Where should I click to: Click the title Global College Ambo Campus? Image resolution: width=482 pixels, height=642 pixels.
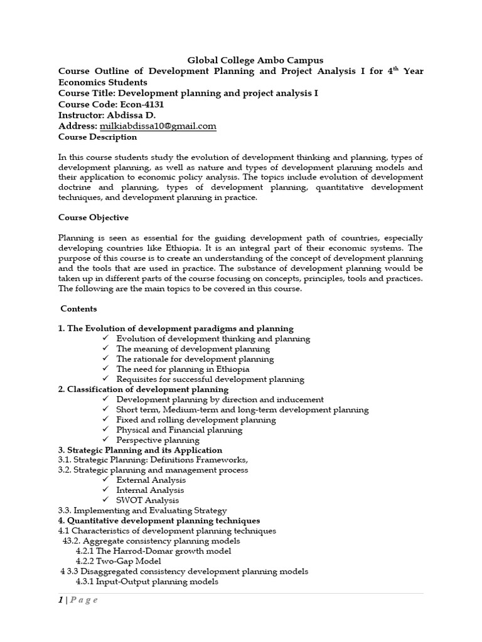[x=255, y=60]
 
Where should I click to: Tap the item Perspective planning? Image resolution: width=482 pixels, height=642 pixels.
[x=158, y=440]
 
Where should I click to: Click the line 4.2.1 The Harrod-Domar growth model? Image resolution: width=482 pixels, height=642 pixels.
[x=153, y=551]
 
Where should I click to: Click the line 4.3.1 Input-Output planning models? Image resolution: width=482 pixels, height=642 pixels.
[x=147, y=581]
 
